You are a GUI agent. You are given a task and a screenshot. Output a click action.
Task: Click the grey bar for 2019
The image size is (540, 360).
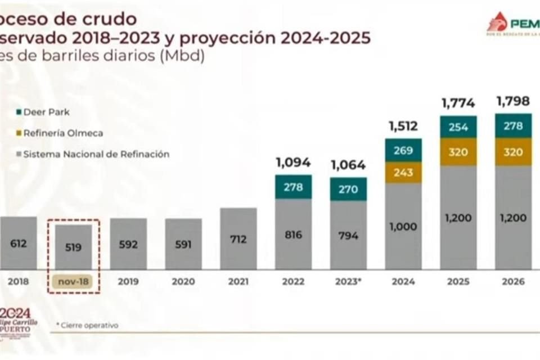pyautogui.click(x=128, y=244)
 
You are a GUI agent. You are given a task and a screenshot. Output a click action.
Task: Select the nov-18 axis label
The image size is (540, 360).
pyautogui.click(x=73, y=281)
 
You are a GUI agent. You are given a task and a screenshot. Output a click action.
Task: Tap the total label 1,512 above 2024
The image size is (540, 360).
pyautogui.click(x=403, y=126)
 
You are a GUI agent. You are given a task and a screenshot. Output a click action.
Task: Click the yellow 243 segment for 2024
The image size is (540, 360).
pyautogui.click(x=403, y=172)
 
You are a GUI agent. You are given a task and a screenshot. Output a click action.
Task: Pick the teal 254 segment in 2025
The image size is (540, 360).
pyautogui.click(x=458, y=127)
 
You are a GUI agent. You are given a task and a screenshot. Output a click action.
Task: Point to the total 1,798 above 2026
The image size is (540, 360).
pyautogui.click(x=512, y=101)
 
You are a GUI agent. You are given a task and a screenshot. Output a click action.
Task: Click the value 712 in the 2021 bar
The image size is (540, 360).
pyautogui.click(x=238, y=239)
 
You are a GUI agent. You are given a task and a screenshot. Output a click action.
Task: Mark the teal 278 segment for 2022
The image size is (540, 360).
pyautogui.click(x=293, y=187)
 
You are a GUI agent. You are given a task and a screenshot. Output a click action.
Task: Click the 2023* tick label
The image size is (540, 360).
pyautogui.click(x=348, y=281)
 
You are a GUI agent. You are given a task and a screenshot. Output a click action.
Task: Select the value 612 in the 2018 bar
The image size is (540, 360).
pyautogui.click(x=18, y=244)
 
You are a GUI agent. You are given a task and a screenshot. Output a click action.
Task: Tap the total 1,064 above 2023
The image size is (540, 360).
pyautogui.click(x=348, y=165)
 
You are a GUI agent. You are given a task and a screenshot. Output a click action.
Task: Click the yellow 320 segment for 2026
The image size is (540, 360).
pyautogui.click(x=512, y=152)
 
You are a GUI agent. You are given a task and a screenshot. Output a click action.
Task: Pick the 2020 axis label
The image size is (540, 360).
pyautogui.click(x=183, y=281)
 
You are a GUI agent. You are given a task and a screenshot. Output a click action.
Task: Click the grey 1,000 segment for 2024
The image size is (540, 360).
pyautogui.click(x=403, y=226)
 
